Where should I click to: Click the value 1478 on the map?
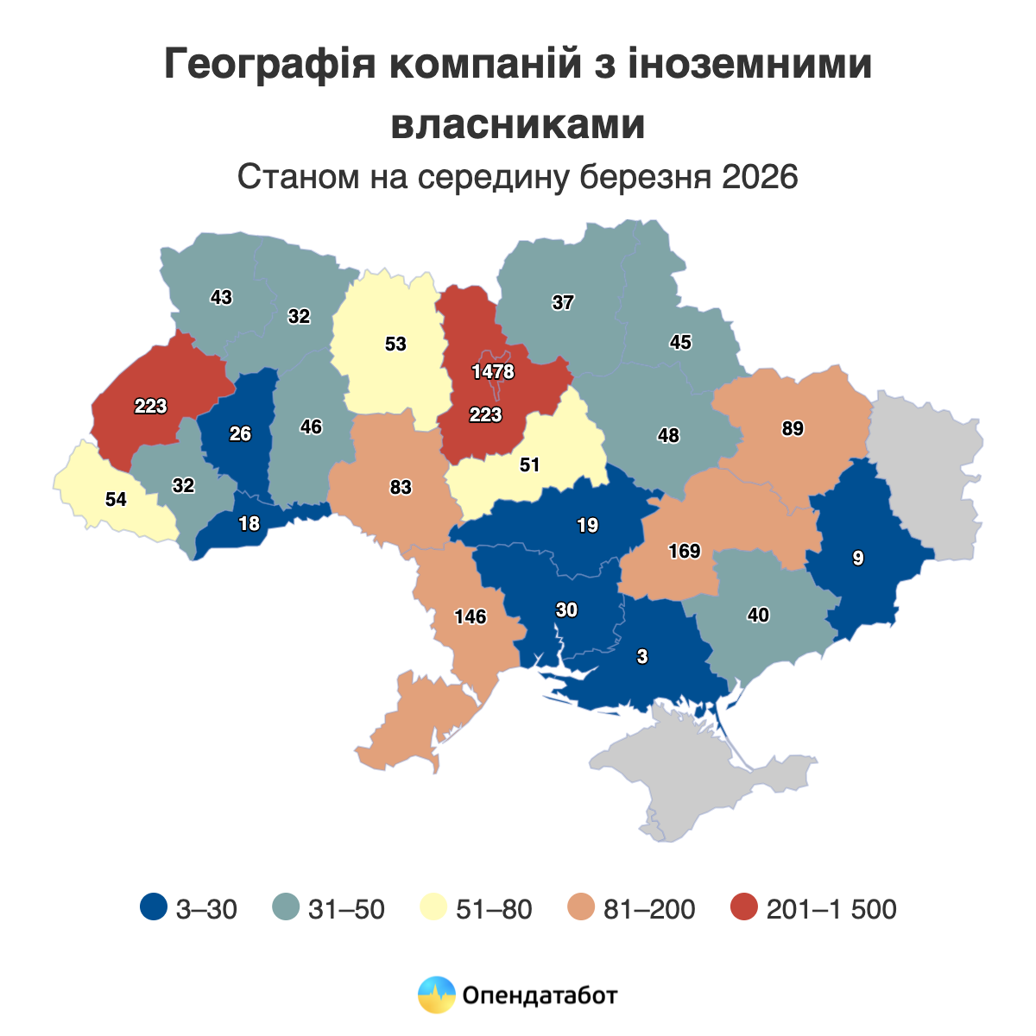coord(493,372)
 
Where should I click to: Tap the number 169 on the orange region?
coord(685,551)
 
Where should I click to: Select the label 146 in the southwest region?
coord(471,616)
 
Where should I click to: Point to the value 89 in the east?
coord(793,429)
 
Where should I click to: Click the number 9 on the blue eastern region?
coord(857,558)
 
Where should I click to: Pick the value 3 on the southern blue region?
coord(641,657)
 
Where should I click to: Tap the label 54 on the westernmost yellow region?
coord(116,499)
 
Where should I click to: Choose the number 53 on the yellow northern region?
coord(395,344)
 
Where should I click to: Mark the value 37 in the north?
coord(563,303)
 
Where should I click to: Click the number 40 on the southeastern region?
coord(758,616)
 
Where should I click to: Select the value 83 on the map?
coord(401,488)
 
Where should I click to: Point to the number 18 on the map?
coord(249,523)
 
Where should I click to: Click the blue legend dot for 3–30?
coord(153,908)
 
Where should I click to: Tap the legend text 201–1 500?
coord(831,909)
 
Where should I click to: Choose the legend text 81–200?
coord(649,909)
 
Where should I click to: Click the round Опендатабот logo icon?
coord(436,995)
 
